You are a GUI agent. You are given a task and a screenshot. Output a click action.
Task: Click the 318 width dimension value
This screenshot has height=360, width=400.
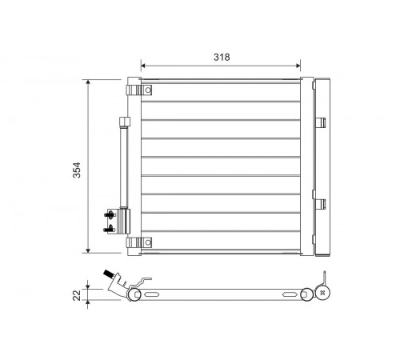(222, 57)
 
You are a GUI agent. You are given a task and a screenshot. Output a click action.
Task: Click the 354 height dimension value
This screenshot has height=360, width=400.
(77, 170)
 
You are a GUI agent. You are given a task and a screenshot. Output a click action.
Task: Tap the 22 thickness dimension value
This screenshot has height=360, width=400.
(77, 295)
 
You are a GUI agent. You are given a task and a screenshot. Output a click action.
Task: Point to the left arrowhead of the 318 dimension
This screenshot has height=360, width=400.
(143, 66)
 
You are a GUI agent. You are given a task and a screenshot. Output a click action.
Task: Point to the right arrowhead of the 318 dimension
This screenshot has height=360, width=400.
(298, 66)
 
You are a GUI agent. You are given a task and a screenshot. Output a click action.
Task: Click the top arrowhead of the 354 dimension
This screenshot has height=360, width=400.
(88, 82)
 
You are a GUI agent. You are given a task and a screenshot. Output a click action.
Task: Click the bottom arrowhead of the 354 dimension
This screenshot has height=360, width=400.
(88, 250)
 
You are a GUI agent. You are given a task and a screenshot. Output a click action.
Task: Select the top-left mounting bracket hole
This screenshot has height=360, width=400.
(148, 90)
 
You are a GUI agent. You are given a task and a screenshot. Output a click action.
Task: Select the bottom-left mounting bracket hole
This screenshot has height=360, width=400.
(148, 242)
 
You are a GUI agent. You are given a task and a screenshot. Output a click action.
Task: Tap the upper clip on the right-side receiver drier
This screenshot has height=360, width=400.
(321, 122)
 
